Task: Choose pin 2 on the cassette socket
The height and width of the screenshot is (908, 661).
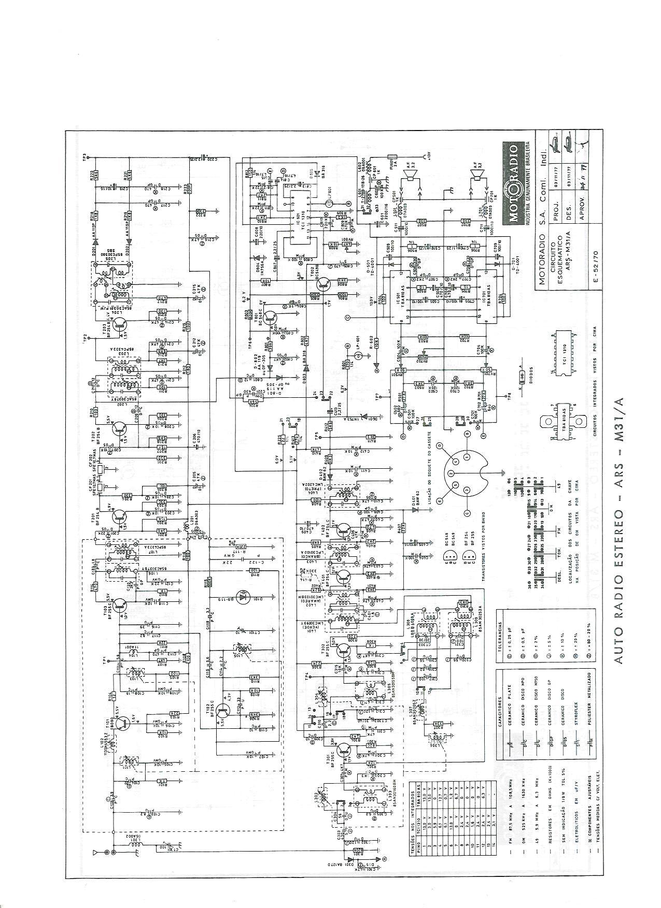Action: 451,473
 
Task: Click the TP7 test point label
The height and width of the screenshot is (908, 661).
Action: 378,396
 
